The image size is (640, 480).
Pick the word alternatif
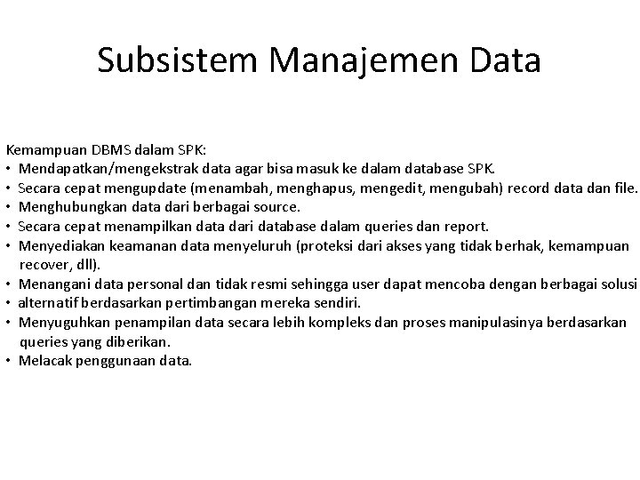tap(44, 303)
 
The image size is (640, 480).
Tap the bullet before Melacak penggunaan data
tap(9, 361)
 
